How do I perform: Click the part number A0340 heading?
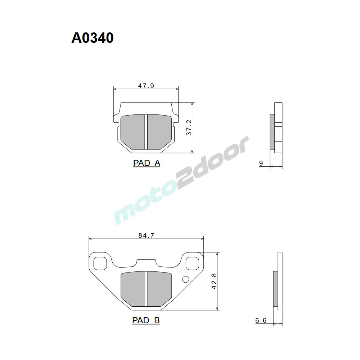(93, 38)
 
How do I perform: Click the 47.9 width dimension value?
(146, 86)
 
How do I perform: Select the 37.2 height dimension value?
(189, 128)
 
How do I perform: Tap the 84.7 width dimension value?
(146, 236)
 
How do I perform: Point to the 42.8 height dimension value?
(214, 281)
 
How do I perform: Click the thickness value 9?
(261, 164)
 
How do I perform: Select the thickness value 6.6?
(261, 320)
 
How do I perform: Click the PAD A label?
(147, 163)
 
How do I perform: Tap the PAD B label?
(146, 320)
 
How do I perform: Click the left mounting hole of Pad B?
(100, 263)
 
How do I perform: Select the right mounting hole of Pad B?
(192, 263)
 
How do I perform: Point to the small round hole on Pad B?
(186, 279)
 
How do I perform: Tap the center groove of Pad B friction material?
(146, 289)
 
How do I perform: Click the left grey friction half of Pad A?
(132, 131)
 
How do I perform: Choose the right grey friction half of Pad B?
(158, 288)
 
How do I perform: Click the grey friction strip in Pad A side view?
(272, 131)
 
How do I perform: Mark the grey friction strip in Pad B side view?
(276, 288)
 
